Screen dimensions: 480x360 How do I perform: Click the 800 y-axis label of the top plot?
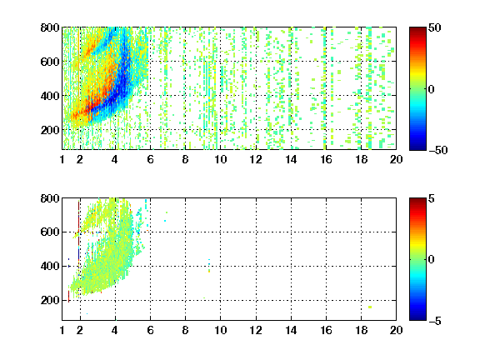tap(50, 27)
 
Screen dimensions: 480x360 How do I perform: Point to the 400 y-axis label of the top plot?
tap(50, 96)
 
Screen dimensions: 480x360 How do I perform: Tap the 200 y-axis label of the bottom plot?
tap(50, 300)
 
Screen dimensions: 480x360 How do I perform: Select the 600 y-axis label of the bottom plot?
tap(50, 232)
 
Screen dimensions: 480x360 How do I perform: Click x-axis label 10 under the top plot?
tap(220, 159)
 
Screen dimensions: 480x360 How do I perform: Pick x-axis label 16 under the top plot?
tap(326, 159)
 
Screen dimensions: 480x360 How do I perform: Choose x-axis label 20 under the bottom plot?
tap(396, 330)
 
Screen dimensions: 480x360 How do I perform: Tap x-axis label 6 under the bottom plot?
tap(150, 330)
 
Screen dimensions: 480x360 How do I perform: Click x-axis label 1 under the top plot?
tap(62, 159)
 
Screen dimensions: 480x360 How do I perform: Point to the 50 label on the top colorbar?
tap(434, 27)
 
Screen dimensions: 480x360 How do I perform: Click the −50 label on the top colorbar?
tap(438, 150)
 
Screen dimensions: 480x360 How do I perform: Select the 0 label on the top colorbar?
tap(431, 89)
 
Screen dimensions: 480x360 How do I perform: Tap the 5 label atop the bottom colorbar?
tap(432, 198)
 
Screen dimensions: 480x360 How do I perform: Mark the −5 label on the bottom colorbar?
tap(435, 321)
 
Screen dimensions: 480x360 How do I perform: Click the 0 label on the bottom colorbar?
tap(431, 260)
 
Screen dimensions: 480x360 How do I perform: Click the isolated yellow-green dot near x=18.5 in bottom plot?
tap(370, 307)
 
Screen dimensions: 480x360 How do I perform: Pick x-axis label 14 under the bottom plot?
tap(291, 330)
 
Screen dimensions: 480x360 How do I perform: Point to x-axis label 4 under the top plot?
tap(115, 159)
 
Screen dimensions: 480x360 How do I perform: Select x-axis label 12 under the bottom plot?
tap(256, 330)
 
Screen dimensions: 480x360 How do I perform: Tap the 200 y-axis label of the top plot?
tap(50, 130)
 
